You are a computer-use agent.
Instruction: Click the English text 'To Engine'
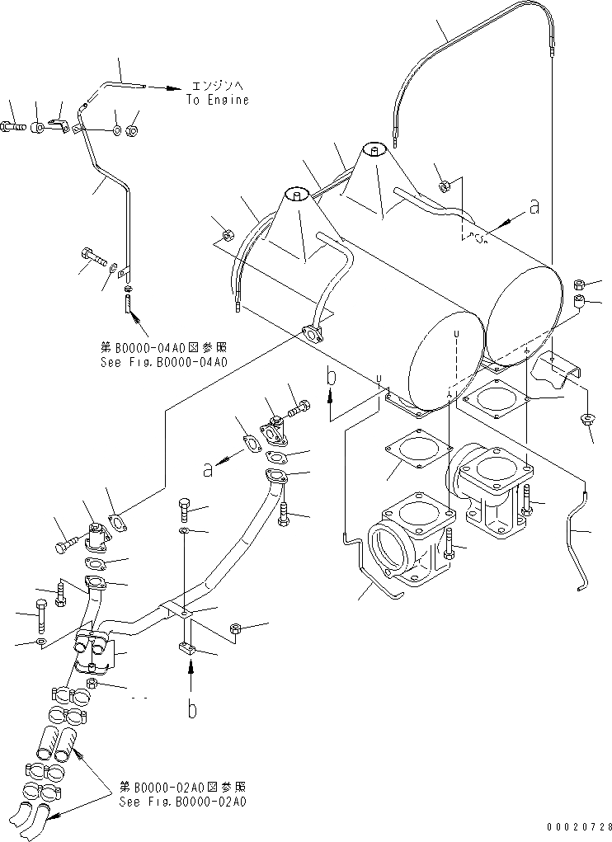(217, 100)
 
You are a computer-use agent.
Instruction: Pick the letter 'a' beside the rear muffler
(534, 207)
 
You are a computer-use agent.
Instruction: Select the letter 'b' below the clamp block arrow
(191, 710)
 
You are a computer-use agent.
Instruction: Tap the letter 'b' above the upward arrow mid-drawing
(331, 378)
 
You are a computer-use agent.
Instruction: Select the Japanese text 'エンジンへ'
(217, 85)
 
